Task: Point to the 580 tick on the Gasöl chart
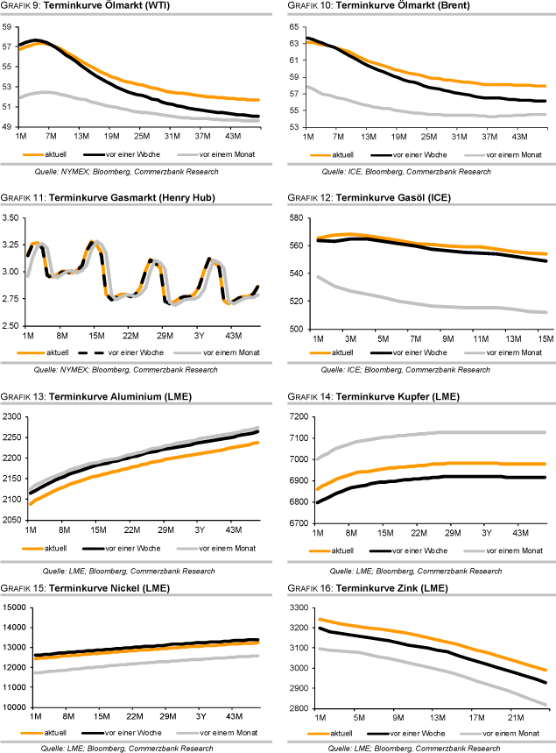coord(297,217)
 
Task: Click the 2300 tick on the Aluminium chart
coord(13,416)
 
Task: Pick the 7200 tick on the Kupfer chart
coord(297,416)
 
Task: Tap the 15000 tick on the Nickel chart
coord(16,607)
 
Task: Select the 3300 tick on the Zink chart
coord(297,607)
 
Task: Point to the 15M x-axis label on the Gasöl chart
coord(544,338)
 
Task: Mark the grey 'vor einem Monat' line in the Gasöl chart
coord(420,303)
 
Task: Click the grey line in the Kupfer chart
coord(420,433)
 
